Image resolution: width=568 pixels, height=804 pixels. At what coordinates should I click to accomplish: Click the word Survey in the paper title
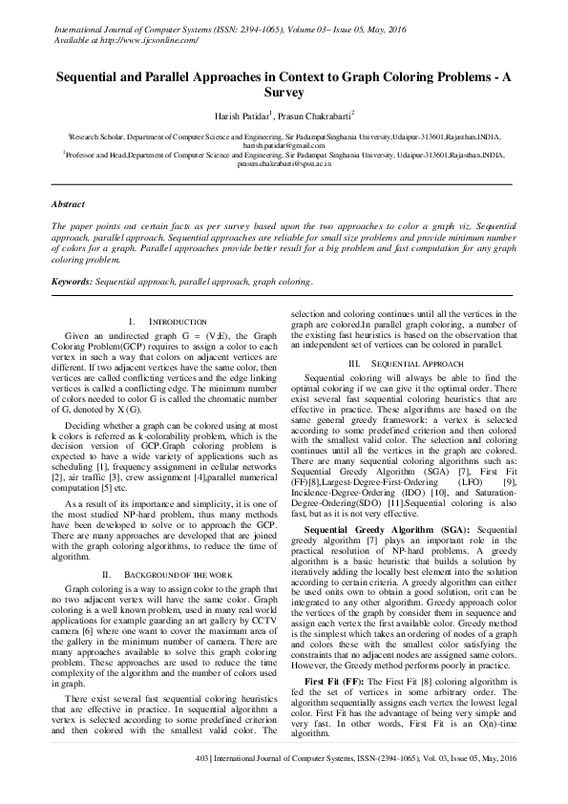pos(284,93)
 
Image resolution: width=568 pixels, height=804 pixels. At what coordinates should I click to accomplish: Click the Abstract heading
pos(68,204)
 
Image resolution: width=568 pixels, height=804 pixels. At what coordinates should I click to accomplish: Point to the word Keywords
pos(72,283)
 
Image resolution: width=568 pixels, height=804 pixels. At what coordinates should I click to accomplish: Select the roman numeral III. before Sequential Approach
pos(353,364)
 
